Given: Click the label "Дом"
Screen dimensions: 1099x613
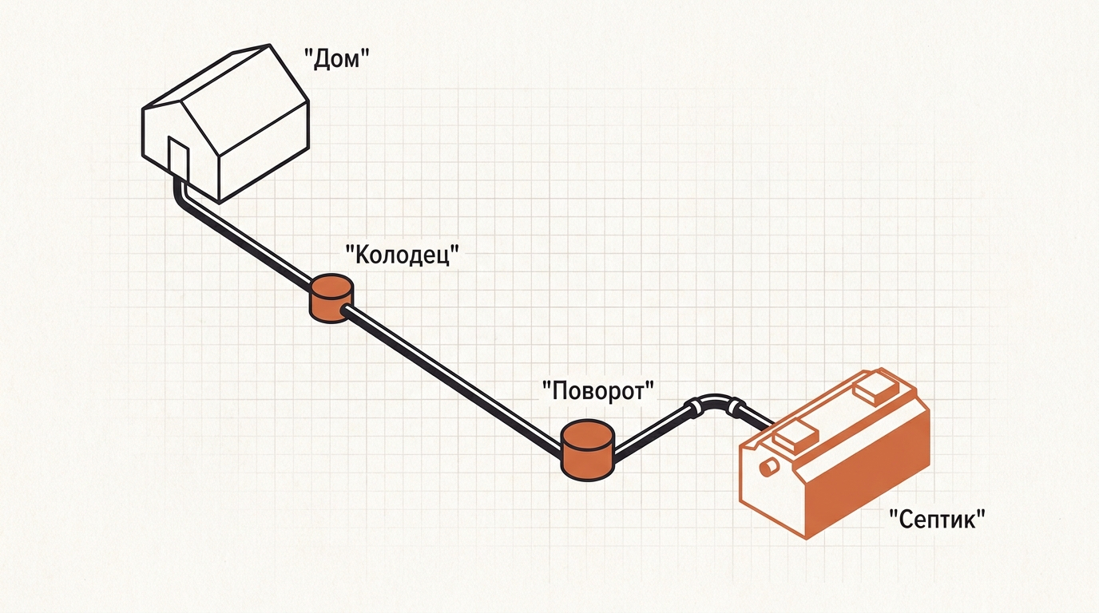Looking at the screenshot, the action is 336,59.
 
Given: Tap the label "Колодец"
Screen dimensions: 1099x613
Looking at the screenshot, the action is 403,255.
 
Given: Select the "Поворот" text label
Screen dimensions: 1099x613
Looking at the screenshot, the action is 598,391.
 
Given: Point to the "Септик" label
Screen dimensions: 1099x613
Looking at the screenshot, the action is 938,518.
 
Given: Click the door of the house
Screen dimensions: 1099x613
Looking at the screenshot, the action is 179,157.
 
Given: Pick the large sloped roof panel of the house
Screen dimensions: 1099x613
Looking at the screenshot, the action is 245,100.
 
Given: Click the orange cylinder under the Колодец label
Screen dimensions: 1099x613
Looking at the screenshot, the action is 331,299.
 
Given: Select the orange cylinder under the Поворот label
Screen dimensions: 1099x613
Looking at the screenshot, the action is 587,449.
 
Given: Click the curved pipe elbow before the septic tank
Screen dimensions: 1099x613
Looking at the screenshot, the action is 714,400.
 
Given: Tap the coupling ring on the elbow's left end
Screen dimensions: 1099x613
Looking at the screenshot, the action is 692,409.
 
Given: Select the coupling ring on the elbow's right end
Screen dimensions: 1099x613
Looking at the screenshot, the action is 735,408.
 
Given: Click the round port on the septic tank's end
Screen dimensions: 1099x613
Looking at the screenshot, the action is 769,466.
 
